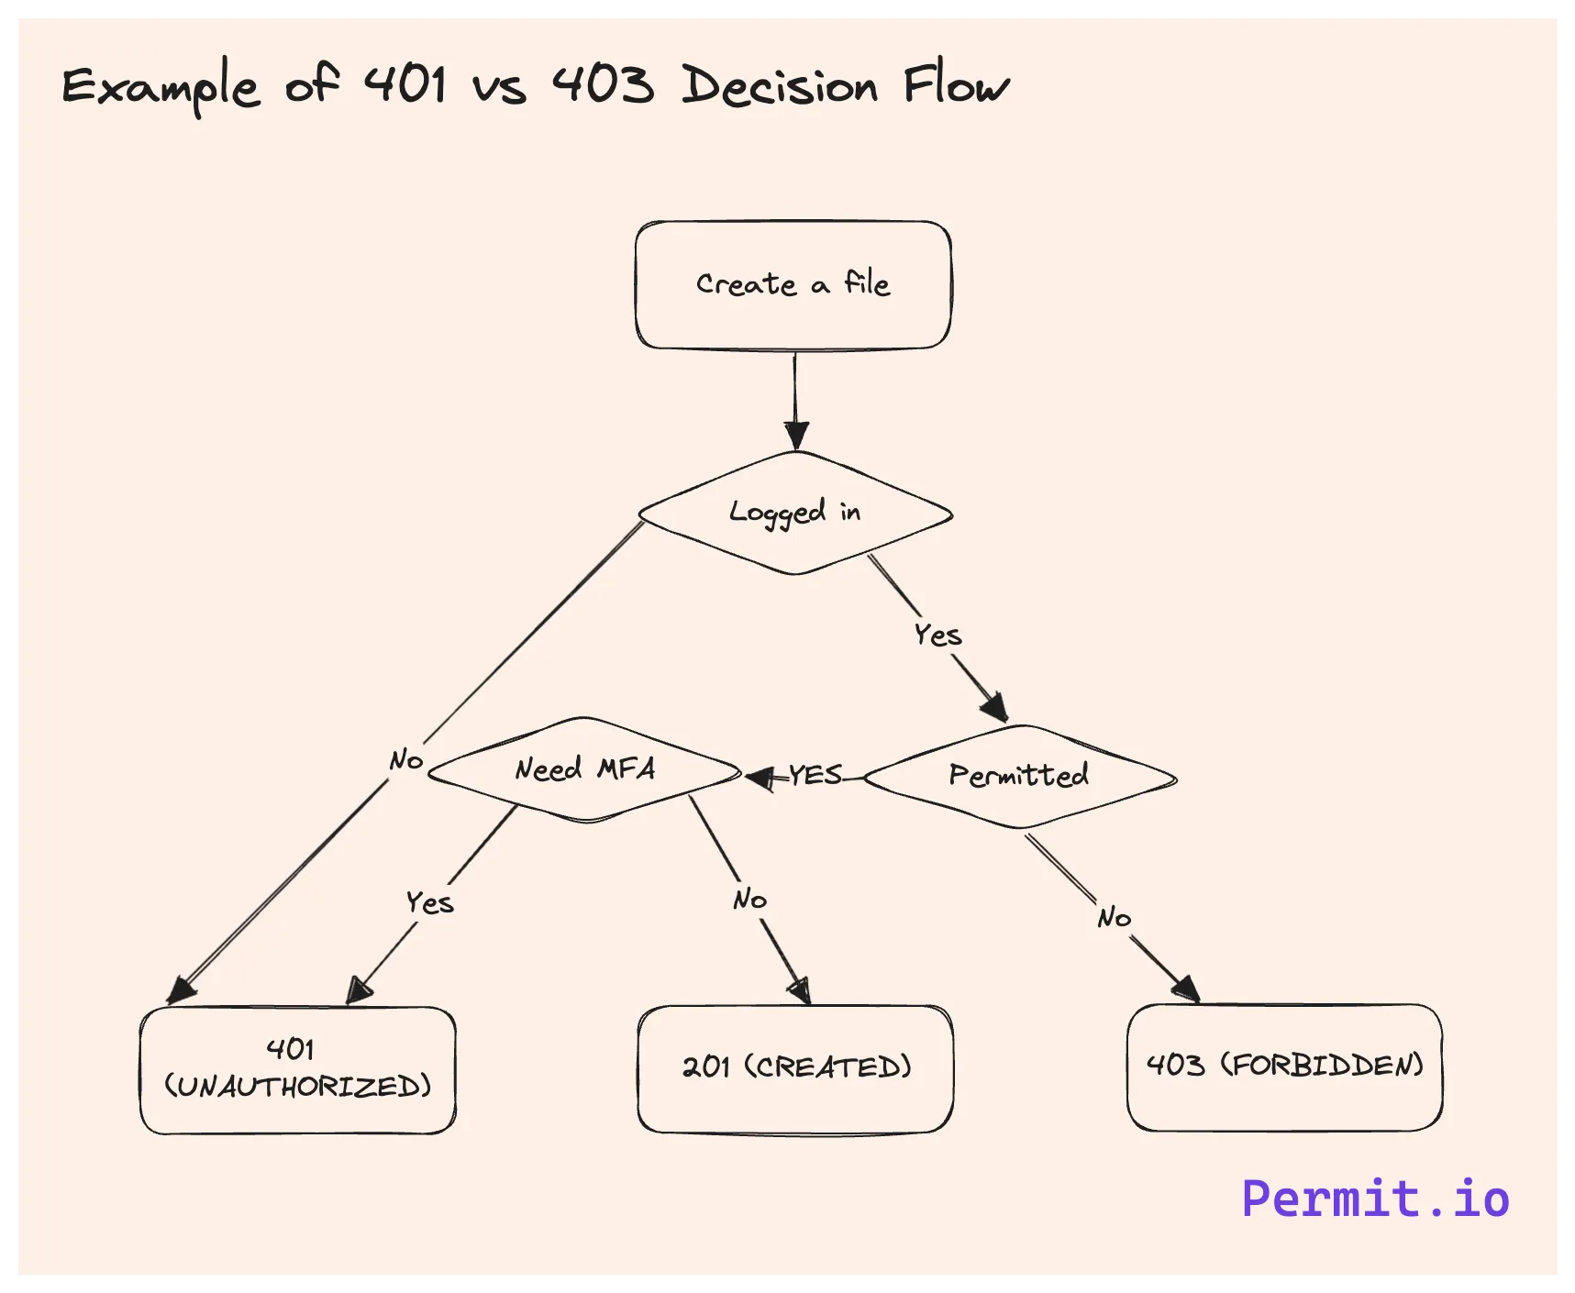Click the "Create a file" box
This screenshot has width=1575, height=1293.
click(x=793, y=285)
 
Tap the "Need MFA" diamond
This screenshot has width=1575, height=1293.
click(x=584, y=769)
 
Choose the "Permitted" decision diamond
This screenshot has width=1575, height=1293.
click(x=1019, y=777)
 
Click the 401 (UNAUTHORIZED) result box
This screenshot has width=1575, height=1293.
click(x=297, y=1069)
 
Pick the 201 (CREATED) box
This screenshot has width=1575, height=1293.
click(x=795, y=1068)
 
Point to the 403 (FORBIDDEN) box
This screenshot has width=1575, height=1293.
click(x=1284, y=1066)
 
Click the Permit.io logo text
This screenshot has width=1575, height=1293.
click(x=1374, y=1199)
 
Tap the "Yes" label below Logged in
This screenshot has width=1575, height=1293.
click(x=937, y=635)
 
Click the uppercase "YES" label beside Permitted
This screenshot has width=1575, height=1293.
click(x=815, y=776)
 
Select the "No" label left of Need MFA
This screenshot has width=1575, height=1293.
click(x=405, y=760)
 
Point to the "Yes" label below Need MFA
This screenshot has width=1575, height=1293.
click(x=429, y=902)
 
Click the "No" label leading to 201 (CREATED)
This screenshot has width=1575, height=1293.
click(x=749, y=900)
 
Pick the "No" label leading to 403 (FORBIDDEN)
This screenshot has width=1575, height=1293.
click(x=1114, y=917)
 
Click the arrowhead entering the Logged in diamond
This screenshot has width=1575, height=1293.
click(x=796, y=435)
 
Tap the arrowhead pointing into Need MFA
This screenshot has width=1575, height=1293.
click(x=760, y=779)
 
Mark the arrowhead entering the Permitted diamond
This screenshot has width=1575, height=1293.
click(x=995, y=708)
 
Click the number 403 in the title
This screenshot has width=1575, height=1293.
click(x=603, y=84)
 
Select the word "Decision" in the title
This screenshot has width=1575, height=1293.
click(x=780, y=86)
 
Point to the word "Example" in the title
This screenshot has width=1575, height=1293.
click(x=161, y=88)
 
